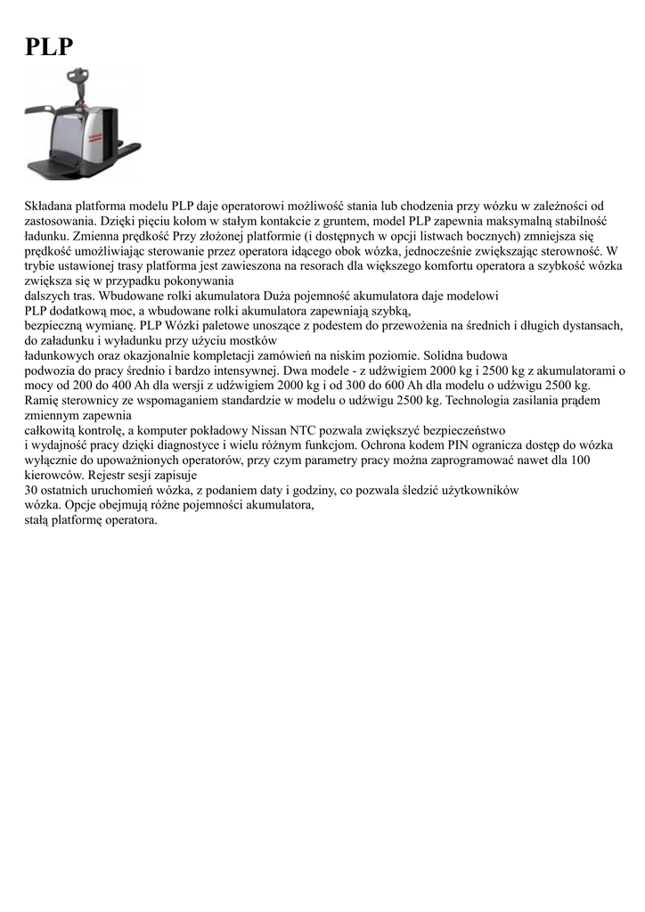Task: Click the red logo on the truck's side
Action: tap(94, 132)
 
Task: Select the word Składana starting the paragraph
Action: tap(49, 206)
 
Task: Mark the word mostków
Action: tap(254, 339)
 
